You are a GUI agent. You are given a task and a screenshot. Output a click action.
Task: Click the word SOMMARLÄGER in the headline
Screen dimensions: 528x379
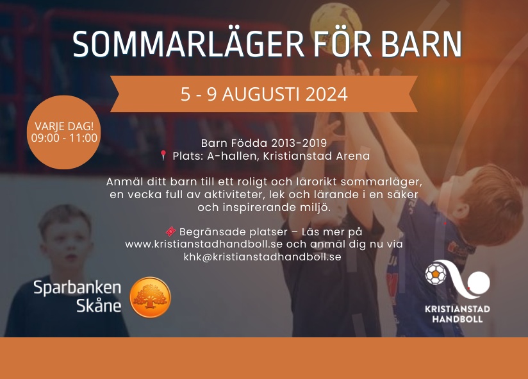point(188,44)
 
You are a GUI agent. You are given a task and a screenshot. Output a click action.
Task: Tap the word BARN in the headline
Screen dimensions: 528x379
point(422,44)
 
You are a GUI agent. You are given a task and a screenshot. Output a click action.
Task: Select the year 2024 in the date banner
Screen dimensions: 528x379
point(326,94)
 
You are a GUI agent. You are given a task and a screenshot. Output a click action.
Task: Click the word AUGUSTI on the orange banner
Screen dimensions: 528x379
point(261,94)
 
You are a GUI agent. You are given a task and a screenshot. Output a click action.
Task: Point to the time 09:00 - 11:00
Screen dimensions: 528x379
point(64,138)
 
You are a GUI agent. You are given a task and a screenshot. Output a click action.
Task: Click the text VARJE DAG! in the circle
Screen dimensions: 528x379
point(64,126)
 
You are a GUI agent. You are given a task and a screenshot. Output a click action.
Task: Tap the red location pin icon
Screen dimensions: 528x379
point(163,155)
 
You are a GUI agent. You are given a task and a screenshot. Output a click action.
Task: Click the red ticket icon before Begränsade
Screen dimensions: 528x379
point(170,232)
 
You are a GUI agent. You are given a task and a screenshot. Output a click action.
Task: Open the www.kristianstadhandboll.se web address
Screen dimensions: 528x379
point(204,244)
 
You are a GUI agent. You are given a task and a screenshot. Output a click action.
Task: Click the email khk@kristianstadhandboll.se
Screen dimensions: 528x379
point(262,257)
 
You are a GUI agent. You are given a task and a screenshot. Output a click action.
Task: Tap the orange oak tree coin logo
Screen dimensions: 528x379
point(151,297)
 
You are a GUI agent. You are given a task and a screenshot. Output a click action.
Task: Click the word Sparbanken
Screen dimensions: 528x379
point(77,289)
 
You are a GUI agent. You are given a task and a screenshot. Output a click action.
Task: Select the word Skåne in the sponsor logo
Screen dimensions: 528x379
point(99,305)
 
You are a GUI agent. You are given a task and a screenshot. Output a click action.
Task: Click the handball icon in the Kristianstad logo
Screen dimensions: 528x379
point(435,274)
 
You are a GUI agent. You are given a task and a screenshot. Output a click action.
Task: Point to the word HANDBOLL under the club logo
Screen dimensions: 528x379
point(458,319)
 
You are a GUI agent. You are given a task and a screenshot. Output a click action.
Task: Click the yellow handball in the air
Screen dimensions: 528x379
point(336,27)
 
